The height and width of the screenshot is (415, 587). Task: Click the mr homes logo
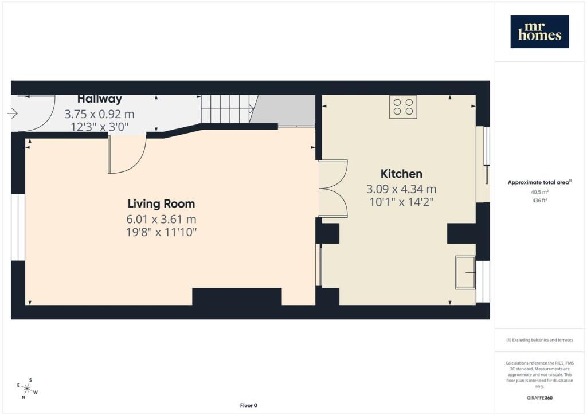pos(539,32)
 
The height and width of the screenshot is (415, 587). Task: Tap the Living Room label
pos(161,204)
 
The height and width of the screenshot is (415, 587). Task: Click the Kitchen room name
pos(401,174)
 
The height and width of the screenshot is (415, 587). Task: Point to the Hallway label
pos(100,99)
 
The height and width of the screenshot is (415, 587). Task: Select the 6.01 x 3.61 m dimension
pos(161,219)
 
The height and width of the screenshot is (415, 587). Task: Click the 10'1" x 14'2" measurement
pos(401,202)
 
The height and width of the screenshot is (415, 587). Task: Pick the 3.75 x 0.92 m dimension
pos(99,114)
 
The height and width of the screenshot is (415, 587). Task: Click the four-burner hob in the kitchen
pos(403,107)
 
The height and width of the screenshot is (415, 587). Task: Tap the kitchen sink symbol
pos(465,272)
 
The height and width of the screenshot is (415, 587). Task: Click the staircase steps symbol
pos(228,109)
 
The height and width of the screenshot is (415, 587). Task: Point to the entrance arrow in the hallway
pos(13,113)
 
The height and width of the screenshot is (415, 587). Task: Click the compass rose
pos(27,389)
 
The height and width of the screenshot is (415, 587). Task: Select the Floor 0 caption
pos(249,405)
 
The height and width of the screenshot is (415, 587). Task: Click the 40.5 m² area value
pos(539,192)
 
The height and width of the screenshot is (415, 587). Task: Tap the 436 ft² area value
pos(539,200)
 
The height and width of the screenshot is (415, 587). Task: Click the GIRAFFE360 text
pos(539,398)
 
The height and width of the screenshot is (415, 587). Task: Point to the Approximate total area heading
pos(539,183)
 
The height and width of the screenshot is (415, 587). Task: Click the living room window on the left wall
pos(18,227)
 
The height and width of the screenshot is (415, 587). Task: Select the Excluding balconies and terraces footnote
pos(539,340)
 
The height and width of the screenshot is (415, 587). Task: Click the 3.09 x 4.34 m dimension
pos(401,189)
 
